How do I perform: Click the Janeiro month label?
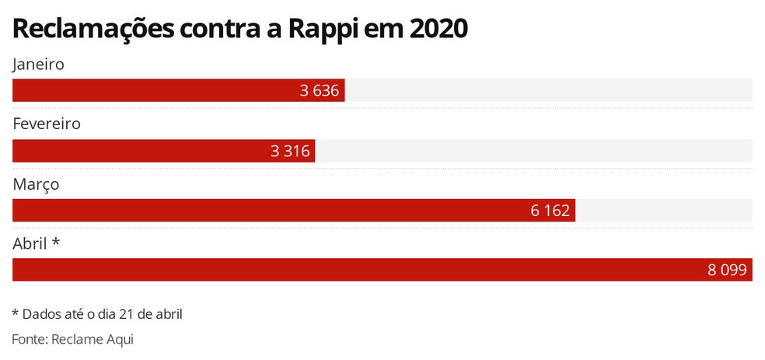tap(38, 65)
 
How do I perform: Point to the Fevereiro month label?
tap(47, 124)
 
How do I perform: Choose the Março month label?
tap(36, 183)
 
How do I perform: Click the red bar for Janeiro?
tap(155, 91)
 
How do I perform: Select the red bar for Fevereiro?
tap(140, 151)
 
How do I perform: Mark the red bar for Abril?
tap(350, 270)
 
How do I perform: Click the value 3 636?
tap(320, 91)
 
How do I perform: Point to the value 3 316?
tap(290, 151)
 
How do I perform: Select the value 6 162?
tap(550, 211)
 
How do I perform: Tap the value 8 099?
tap(727, 270)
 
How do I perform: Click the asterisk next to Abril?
tap(56, 243)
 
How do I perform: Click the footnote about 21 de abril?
tap(97, 314)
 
